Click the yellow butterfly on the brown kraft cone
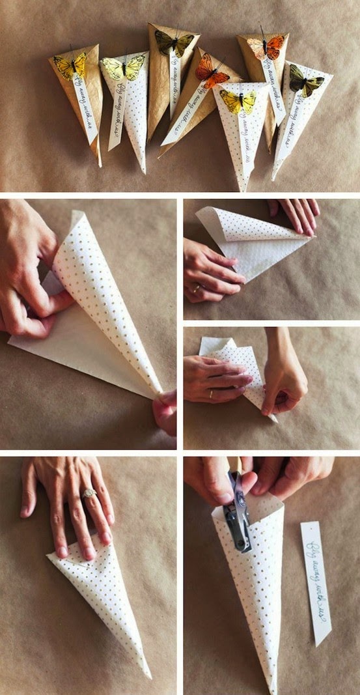click(x=70, y=65)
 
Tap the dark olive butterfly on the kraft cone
click(x=174, y=42)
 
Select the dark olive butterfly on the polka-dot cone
click(x=305, y=81)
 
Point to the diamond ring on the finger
click(x=89, y=493)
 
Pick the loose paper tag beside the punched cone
click(x=316, y=583)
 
